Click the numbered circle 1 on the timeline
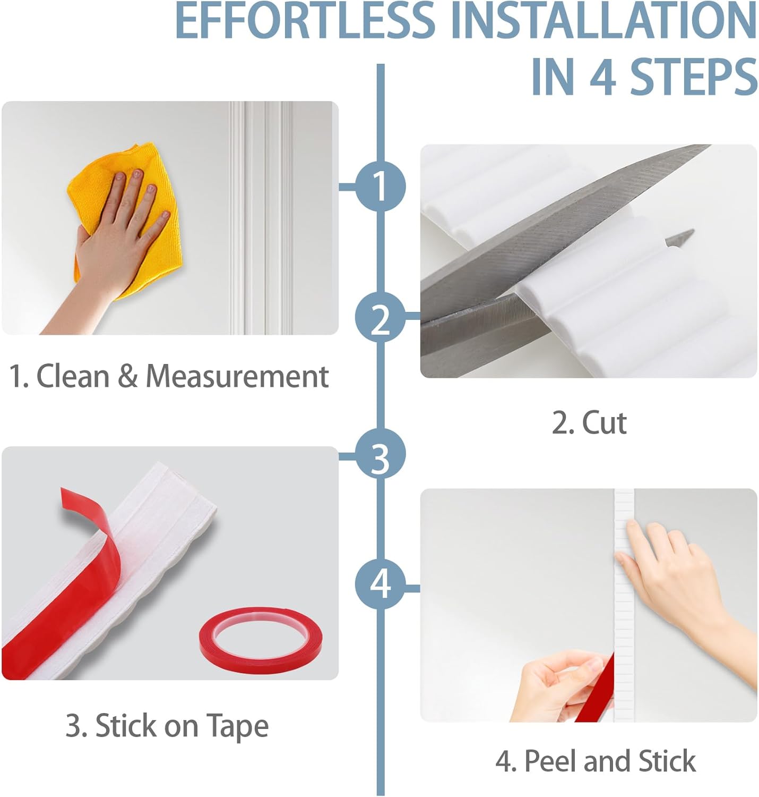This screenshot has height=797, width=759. tap(380, 186)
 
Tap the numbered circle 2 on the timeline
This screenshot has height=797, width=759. tap(380, 317)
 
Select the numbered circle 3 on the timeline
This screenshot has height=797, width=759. tap(380, 454)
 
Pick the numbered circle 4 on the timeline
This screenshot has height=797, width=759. tap(380, 584)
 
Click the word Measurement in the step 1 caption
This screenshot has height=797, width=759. tap(237, 376)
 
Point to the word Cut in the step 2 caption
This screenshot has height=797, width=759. tap(605, 423)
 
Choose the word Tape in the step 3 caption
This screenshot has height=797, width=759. tap(237, 725)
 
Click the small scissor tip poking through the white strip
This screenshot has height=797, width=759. tap(680, 237)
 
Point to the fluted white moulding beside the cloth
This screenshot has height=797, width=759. tap(262, 218)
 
